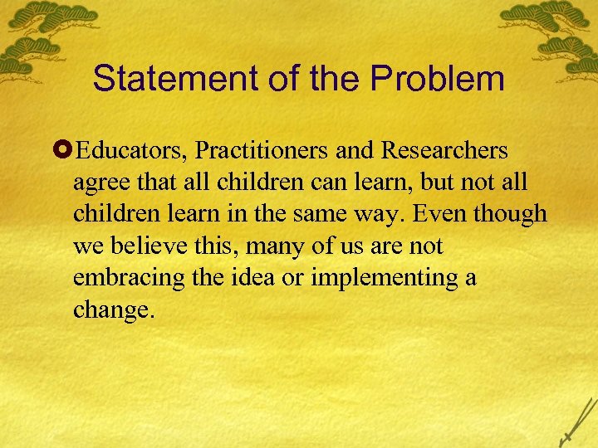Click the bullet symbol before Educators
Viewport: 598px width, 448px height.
tap(66, 152)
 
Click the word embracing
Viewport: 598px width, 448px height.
tap(121, 278)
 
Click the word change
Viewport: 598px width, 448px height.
tap(113, 309)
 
